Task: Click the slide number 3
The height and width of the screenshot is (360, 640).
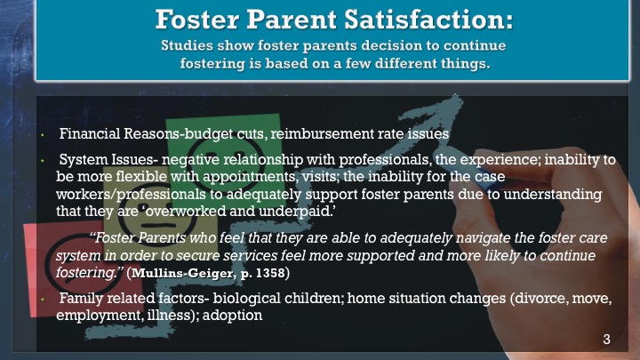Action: tap(606, 339)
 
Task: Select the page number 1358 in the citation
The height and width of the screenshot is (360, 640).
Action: tap(270, 273)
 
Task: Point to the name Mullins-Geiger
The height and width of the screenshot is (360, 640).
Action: tap(183, 273)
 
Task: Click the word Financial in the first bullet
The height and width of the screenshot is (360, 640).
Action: tap(90, 133)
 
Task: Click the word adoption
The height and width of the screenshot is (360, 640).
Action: tap(232, 316)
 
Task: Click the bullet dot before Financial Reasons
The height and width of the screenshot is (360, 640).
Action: tap(42, 134)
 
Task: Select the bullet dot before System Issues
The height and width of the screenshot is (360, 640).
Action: tap(42, 160)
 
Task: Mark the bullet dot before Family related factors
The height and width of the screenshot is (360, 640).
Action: tap(42, 300)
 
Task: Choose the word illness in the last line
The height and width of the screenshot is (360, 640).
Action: tap(169, 316)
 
